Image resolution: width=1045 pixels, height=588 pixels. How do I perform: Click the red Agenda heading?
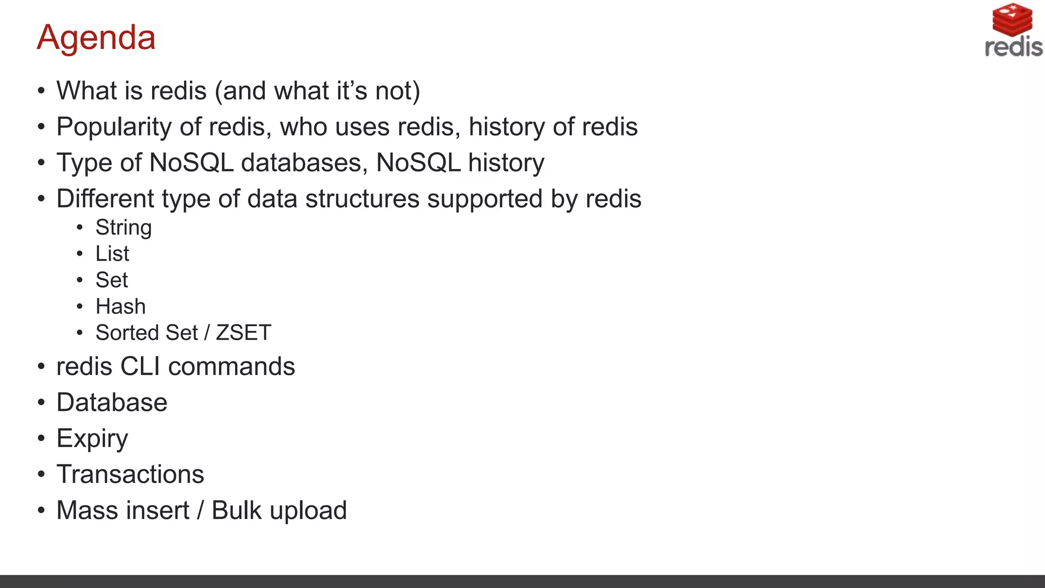point(96,37)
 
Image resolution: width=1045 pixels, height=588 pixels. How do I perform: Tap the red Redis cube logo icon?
point(1012,19)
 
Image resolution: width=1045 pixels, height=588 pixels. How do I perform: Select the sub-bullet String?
point(123,228)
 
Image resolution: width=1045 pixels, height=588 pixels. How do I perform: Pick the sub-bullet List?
point(112,254)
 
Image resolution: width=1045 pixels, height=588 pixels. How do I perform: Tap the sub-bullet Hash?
point(120,307)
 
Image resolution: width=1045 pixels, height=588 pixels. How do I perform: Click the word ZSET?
point(243,333)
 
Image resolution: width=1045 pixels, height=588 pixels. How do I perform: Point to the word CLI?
point(140,366)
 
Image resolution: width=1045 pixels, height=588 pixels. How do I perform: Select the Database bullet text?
point(112,403)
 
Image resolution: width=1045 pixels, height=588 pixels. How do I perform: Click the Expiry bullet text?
point(92,439)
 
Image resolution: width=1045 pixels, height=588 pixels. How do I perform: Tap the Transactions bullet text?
point(130,475)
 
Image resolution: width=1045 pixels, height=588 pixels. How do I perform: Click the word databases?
point(304,163)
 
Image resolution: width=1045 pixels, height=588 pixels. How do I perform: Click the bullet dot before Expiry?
point(41,439)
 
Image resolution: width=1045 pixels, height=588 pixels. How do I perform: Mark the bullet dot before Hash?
point(80,307)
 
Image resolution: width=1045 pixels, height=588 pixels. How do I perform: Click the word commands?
point(231,366)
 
